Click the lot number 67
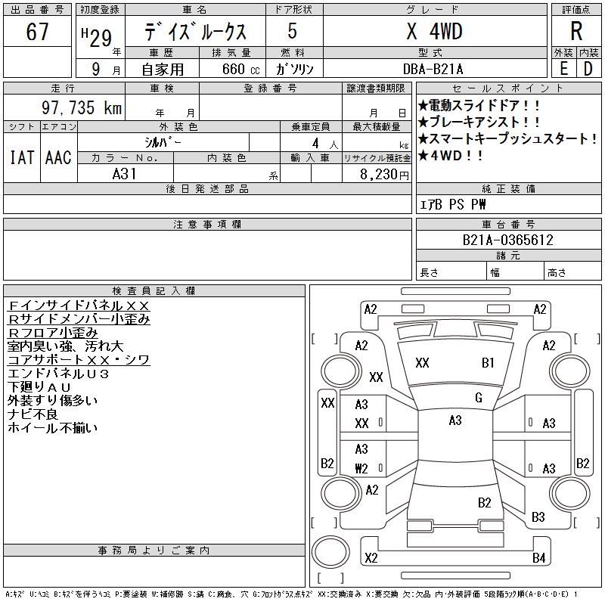coord(37,33)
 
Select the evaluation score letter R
coord(576,32)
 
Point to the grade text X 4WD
coord(434,32)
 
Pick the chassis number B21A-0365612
coord(507,240)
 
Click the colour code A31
coord(126,174)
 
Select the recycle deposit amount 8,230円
coord(385,174)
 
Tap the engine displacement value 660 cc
coord(231,69)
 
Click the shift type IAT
coord(21,157)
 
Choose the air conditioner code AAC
coord(58,157)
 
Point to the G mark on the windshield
coord(478,398)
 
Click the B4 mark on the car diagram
coord(538,559)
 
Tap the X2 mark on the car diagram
coord(371,559)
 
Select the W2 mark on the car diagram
coord(361,467)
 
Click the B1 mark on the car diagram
coord(488,363)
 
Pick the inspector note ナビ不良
coord(33,414)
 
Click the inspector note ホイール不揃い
coord(52,428)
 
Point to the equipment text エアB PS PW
coord(453,204)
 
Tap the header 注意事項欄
coord(206,225)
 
